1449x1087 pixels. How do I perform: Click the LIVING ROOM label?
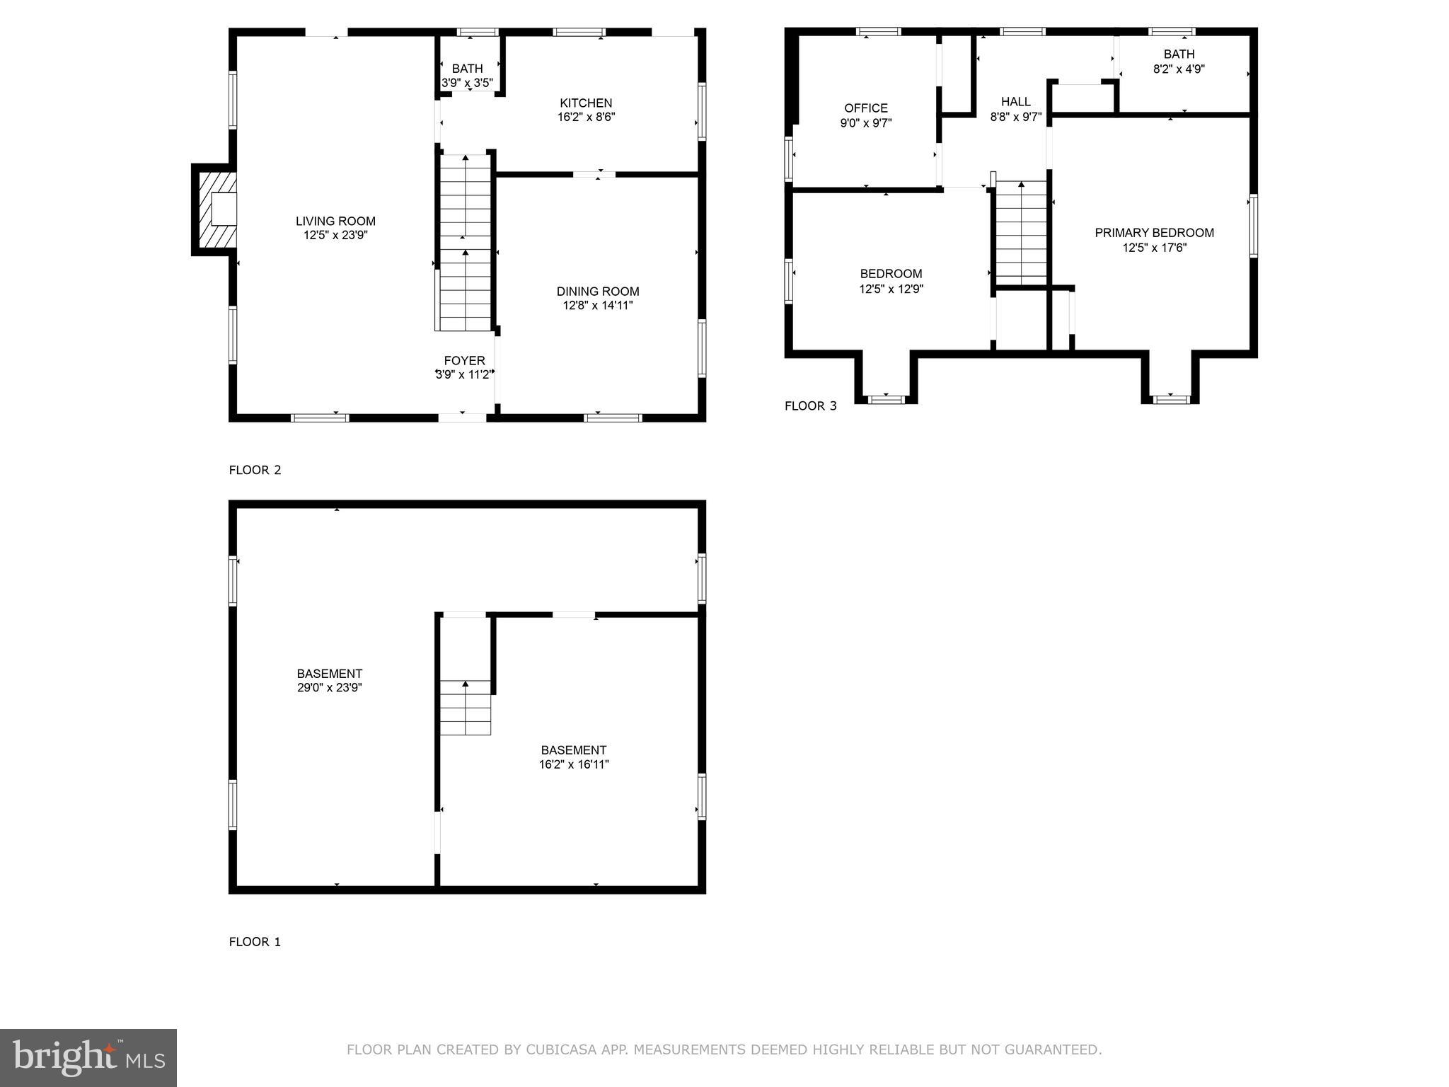pyautogui.click(x=335, y=222)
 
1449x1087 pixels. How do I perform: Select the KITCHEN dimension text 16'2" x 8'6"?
pyautogui.click(x=586, y=117)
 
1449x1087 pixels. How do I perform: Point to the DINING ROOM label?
pyautogui.click(x=598, y=292)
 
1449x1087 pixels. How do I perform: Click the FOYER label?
pyautogui.click(x=464, y=361)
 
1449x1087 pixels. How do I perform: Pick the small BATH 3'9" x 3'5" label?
pyautogui.click(x=467, y=76)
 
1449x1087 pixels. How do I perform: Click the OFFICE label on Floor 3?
pyautogui.click(x=865, y=108)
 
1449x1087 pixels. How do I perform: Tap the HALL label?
pyautogui.click(x=1015, y=102)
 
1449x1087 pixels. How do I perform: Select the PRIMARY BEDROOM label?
pyautogui.click(x=1154, y=233)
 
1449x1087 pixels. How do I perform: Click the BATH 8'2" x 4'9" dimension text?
pyautogui.click(x=1179, y=69)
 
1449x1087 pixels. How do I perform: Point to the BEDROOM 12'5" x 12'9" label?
pyautogui.click(x=891, y=281)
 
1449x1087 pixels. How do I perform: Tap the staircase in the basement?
pyautogui.click(x=465, y=707)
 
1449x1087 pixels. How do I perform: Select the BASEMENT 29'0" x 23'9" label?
pyautogui.click(x=329, y=681)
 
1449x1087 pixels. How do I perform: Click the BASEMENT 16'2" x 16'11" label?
pyautogui.click(x=573, y=757)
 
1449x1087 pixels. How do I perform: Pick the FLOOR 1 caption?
pyautogui.click(x=255, y=942)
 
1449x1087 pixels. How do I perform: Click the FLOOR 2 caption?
pyautogui.click(x=255, y=470)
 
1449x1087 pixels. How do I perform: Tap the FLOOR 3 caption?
pyautogui.click(x=810, y=406)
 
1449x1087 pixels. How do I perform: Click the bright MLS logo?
pyautogui.click(x=88, y=1057)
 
